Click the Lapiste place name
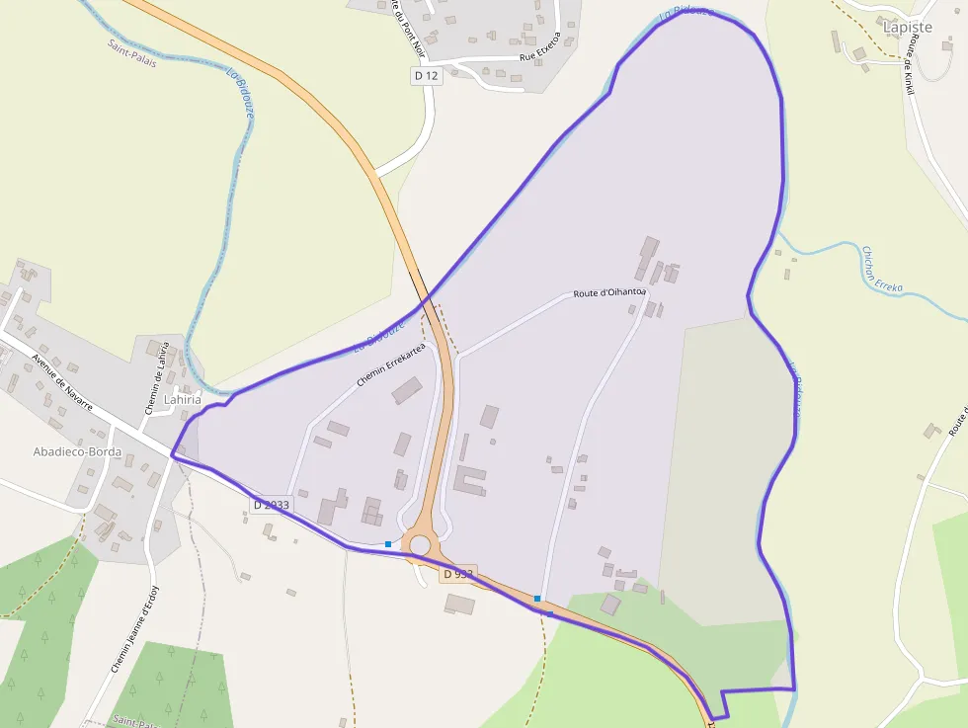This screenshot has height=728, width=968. (908, 28)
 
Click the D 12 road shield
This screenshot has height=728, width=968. (426, 75)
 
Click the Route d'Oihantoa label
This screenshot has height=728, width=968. (609, 292)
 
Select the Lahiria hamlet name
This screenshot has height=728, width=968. (182, 400)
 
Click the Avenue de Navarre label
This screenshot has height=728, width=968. (61, 383)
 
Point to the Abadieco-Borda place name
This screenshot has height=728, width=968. (77, 452)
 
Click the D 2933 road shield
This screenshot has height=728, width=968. (271, 505)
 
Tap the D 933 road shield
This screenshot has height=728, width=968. (457, 574)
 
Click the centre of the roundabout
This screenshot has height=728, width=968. (421, 544)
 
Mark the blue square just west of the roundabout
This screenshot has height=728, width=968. (388, 544)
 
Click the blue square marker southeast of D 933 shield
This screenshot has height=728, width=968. (537, 599)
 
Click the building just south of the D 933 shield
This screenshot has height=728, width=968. (459, 603)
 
